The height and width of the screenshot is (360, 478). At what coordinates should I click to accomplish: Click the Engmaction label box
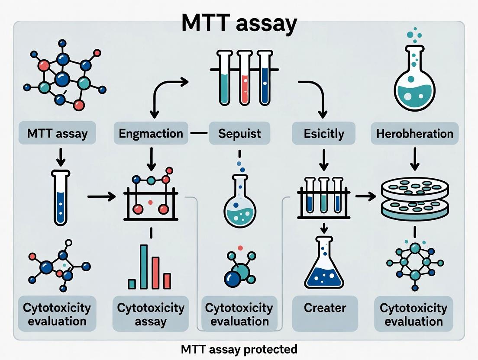151,133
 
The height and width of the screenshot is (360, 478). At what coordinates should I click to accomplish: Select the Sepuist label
239,133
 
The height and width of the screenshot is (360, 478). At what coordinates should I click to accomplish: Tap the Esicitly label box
324,133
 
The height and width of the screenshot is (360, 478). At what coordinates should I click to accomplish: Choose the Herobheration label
415,133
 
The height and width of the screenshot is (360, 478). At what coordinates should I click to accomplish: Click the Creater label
325,308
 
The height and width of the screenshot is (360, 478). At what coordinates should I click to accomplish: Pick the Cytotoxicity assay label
151,315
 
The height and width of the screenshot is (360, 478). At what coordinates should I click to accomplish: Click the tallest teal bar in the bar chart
143,267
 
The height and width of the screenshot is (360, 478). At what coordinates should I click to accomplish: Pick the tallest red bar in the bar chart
155,273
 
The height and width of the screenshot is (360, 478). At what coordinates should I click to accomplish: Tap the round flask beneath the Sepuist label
239,203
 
